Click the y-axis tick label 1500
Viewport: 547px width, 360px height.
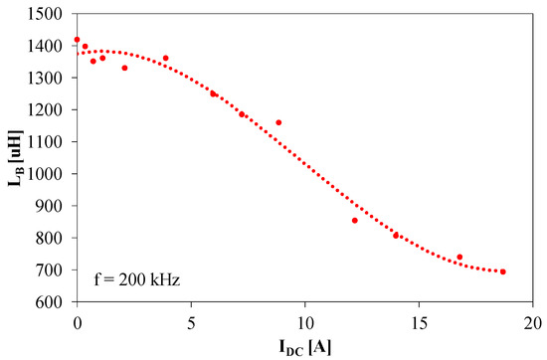[51, 13]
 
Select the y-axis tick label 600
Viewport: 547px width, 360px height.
[55, 301]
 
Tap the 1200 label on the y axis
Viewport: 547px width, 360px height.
[51, 109]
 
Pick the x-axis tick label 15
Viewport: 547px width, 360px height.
[419, 322]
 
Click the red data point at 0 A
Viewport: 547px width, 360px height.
[77, 40]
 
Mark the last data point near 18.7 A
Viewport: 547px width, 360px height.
[503, 271]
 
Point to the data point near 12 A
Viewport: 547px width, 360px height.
[355, 220]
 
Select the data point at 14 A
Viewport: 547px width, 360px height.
[396, 235]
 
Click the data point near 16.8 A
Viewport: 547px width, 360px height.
[459, 257]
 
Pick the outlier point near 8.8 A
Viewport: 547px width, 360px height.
[278, 122]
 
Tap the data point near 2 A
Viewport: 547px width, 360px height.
[124, 68]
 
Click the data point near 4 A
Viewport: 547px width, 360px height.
[165, 58]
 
